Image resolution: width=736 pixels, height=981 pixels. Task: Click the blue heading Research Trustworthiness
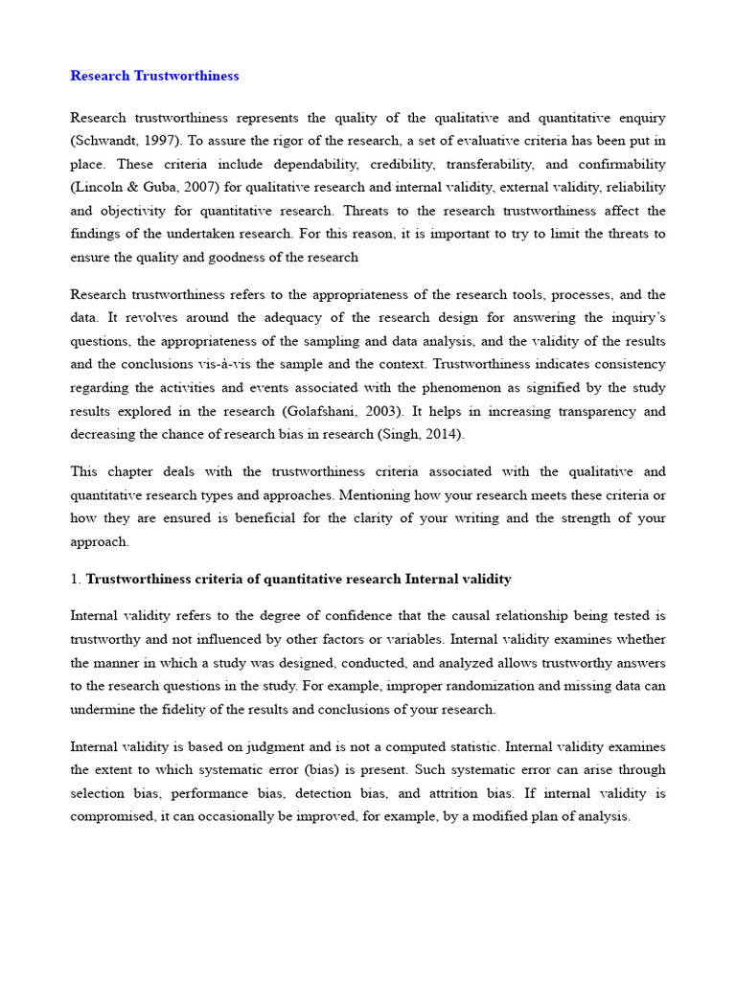click(x=154, y=76)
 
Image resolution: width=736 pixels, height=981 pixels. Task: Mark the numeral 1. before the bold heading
click(x=76, y=579)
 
